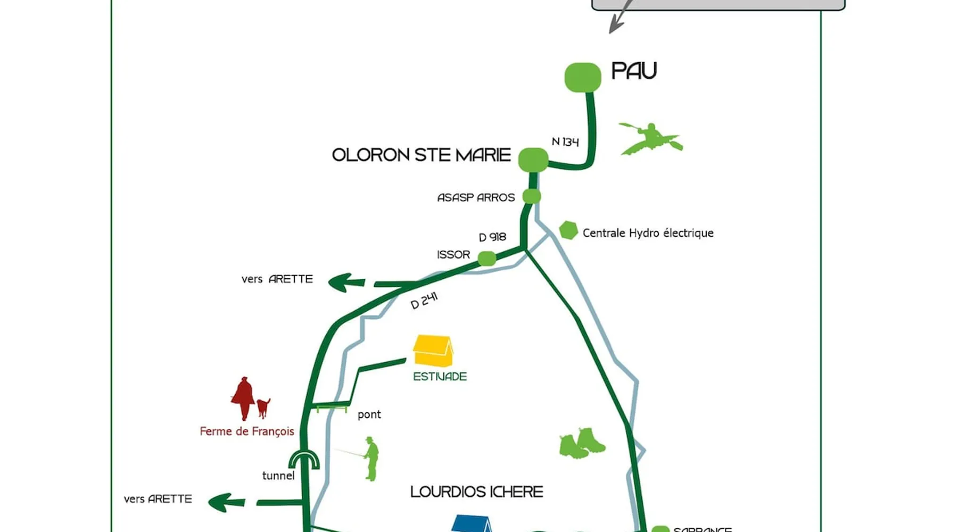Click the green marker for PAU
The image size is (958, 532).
[583, 77]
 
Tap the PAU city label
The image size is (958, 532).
[634, 71]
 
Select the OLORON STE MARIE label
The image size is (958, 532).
[421, 155]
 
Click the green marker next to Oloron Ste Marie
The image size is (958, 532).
[533, 160]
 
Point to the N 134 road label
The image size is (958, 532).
[565, 142]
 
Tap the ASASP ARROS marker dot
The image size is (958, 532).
[531, 196]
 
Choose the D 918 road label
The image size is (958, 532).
[492, 237]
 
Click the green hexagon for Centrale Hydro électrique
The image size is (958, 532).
[568, 230]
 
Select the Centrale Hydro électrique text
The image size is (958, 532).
[648, 233]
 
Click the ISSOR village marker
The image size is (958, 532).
[486, 259]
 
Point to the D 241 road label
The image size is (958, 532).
[424, 301]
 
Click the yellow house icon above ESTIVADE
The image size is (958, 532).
[433, 351]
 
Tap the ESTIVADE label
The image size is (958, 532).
[440, 377]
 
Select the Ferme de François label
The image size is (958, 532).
[247, 431]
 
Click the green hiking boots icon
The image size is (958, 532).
[582, 443]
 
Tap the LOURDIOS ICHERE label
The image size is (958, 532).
[476, 492]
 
